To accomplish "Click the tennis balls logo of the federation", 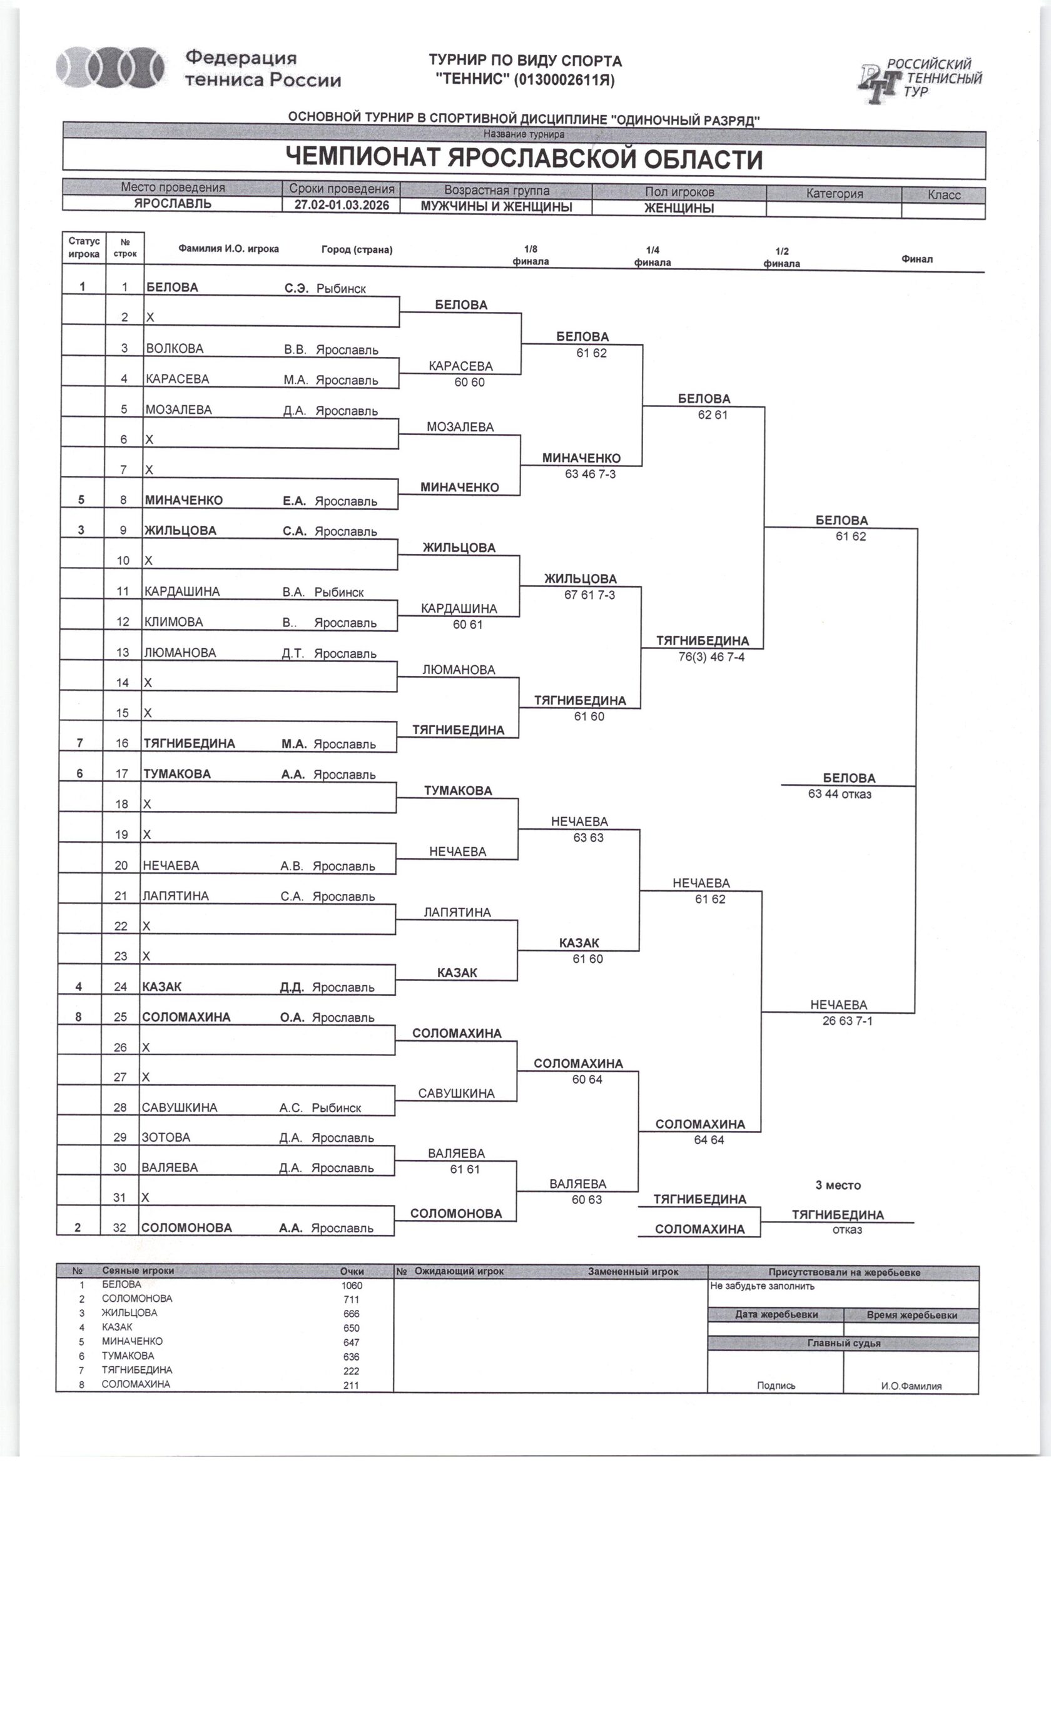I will (110, 68).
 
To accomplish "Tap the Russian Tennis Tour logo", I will (919, 80).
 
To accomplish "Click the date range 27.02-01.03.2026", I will (342, 205).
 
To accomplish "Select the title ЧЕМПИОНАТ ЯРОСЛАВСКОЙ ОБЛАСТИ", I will (524, 159).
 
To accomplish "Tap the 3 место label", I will (838, 1185).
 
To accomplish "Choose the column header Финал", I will (917, 259).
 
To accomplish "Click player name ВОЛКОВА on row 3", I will (175, 348).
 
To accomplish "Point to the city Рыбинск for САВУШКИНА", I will (337, 1108).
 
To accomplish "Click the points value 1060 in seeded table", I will (352, 1285).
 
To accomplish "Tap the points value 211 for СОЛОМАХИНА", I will (351, 1386).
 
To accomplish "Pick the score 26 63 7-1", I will (847, 1021).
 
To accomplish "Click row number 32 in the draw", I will (119, 1228).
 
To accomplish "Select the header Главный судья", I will (843, 1343).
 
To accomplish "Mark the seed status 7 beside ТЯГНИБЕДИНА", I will (80, 743).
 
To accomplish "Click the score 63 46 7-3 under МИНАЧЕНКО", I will (590, 474).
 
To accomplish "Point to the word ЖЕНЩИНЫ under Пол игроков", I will (679, 208).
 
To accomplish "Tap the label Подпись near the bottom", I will (776, 1386).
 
